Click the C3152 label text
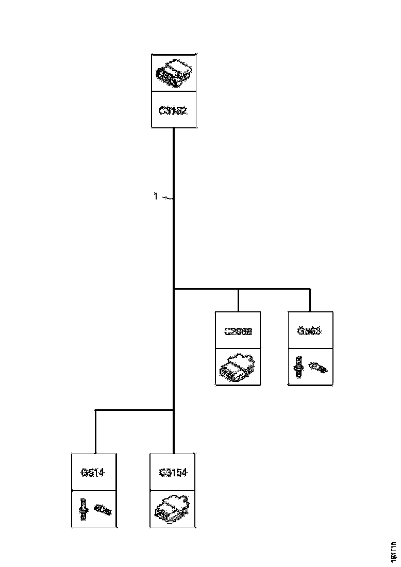click(x=173, y=110)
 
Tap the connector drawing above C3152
click(x=174, y=72)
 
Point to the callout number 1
click(x=156, y=196)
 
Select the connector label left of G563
click(x=238, y=331)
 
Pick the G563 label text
click(x=309, y=331)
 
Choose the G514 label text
click(x=93, y=472)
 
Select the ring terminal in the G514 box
click(x=103, y=511)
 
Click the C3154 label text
click(x=173, y=472)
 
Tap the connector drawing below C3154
click(x=172, y=508)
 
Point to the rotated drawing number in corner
click(x=394, y=551)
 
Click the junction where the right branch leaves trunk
click(x=174, y=289)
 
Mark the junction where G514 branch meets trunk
click(x=174, y=410)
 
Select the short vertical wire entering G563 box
click(x=310, y=301)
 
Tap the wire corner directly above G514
click(x=96, y=410)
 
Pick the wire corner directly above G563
click(x=310, y=289)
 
